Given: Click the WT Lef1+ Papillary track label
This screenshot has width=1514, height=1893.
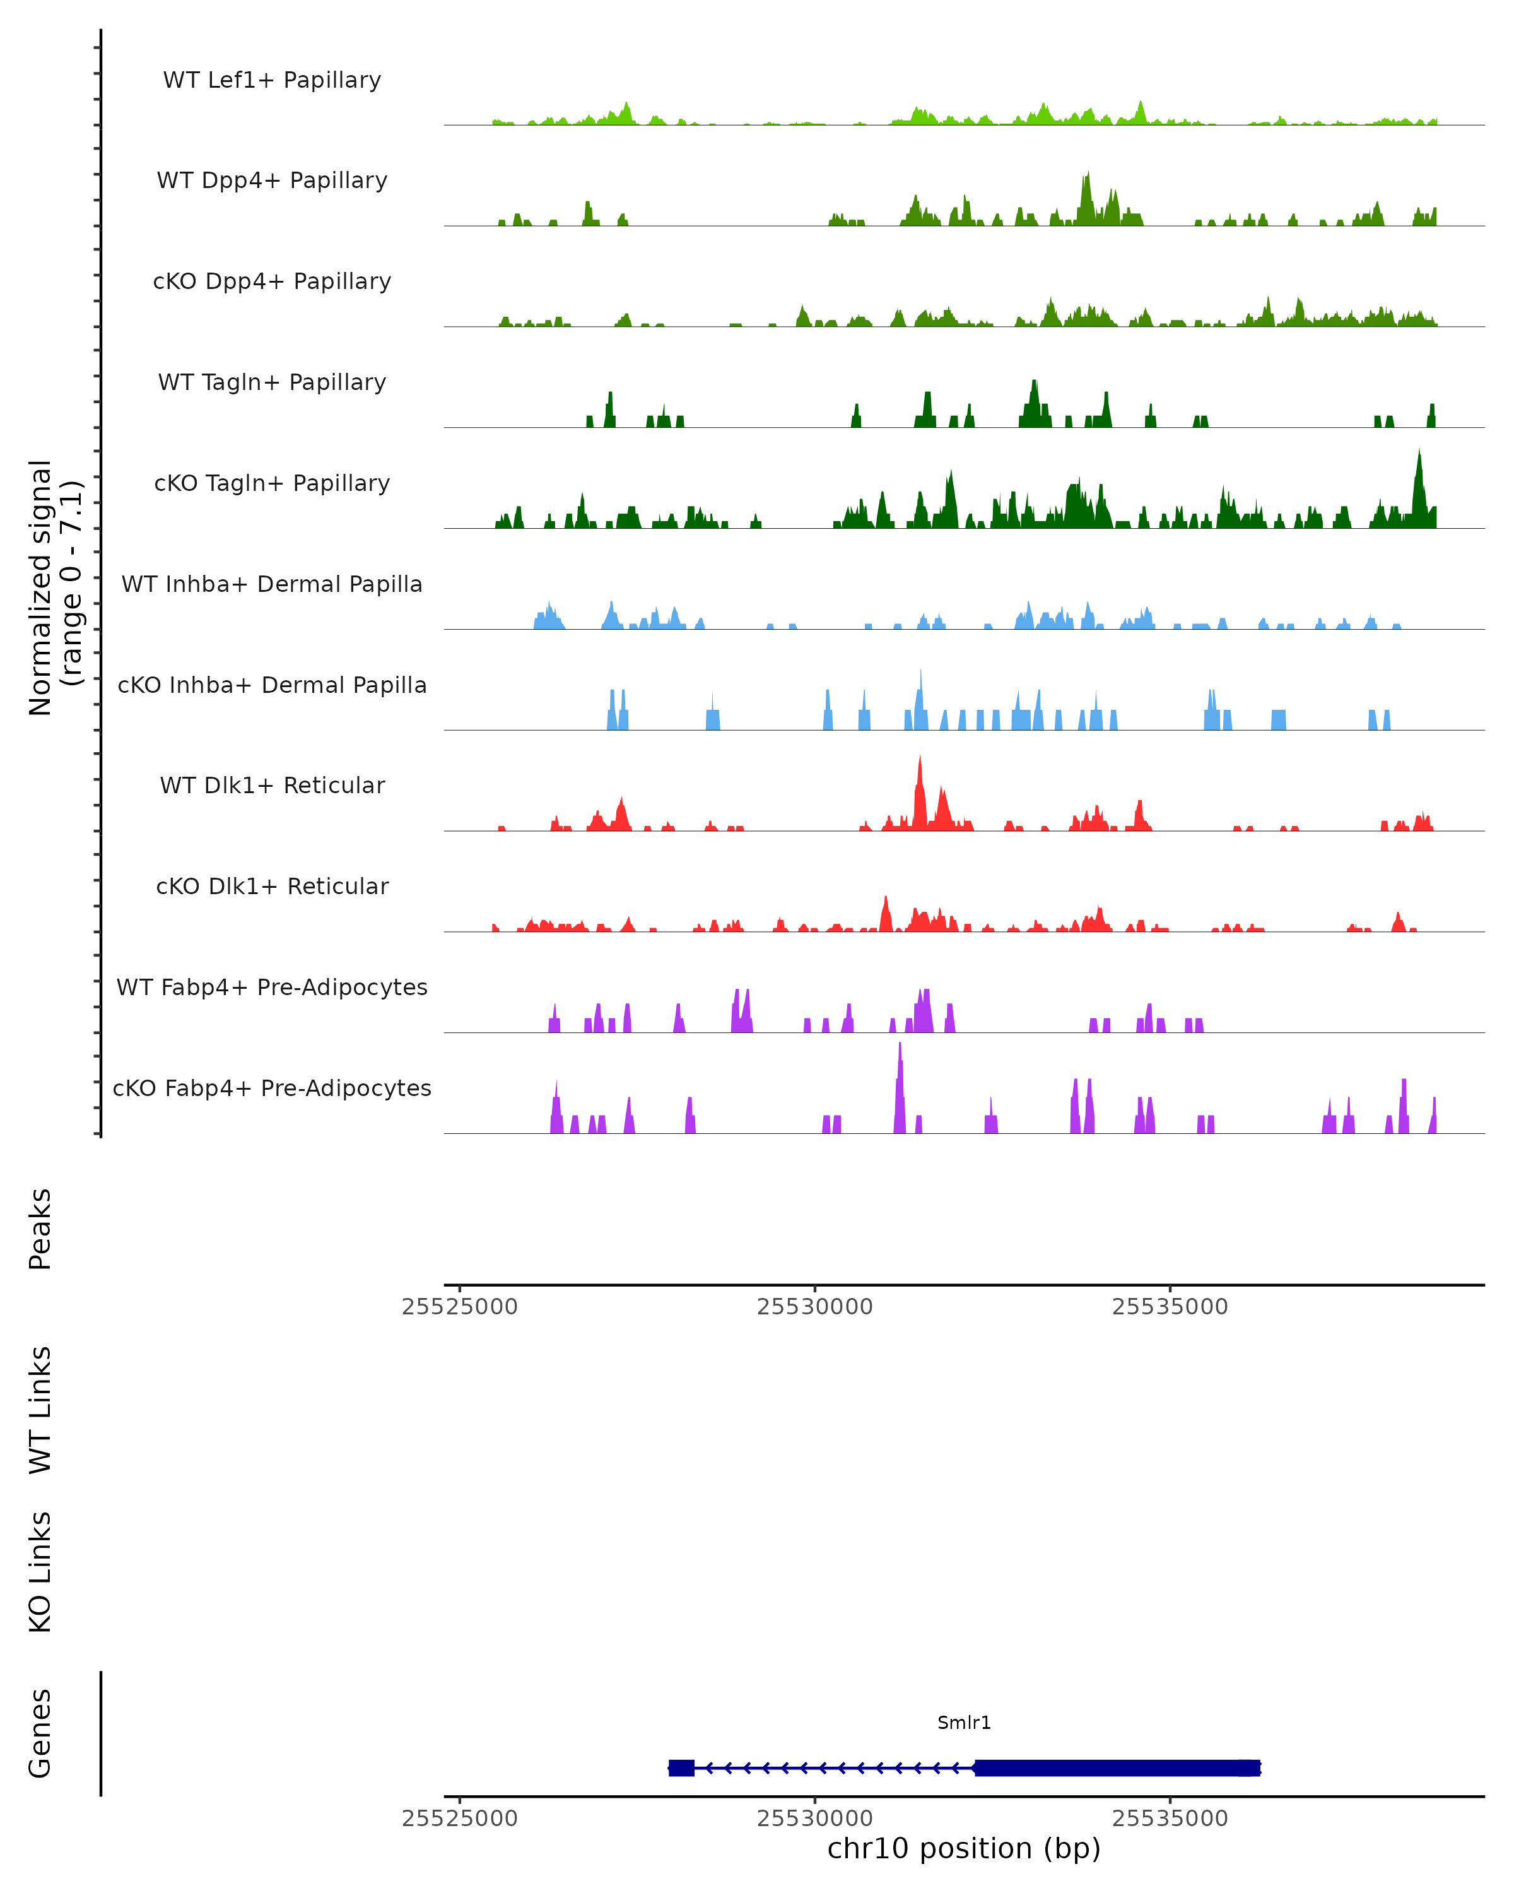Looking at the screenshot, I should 272,80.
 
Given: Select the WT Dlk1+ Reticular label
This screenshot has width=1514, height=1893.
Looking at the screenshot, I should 272,785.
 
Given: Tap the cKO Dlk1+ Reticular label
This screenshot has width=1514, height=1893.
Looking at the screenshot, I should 272,886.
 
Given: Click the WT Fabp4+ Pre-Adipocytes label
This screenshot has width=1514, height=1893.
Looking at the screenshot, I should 272,987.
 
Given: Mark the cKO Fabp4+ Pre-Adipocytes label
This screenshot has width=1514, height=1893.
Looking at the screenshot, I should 272,1088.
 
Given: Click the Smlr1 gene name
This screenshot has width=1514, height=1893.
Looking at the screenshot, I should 964,1723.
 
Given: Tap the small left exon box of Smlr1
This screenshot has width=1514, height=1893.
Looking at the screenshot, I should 681,1767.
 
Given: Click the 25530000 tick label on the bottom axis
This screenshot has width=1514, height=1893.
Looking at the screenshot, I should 814,1819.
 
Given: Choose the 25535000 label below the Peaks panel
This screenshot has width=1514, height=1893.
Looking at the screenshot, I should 1170,1307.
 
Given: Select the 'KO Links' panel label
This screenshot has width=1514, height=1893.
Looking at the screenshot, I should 40,1572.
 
